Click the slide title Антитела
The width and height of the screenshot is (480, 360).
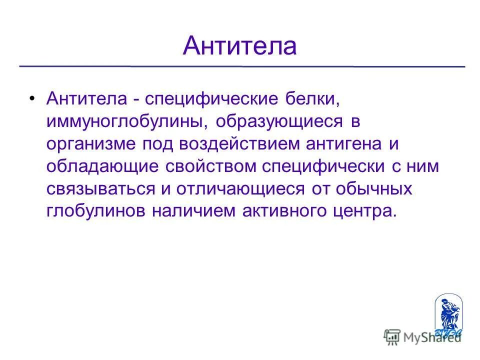point(240,46)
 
